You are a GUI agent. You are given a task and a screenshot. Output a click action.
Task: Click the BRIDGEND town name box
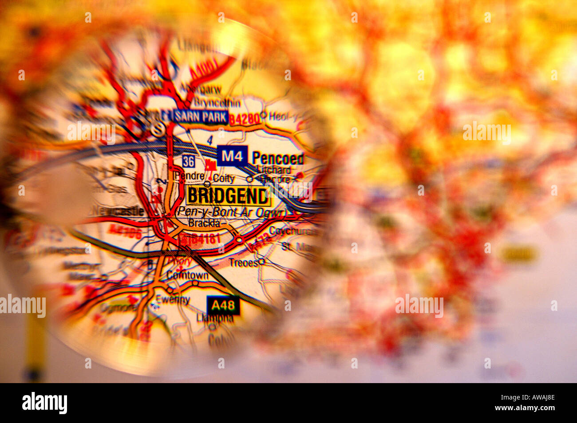click(x=228, y=196)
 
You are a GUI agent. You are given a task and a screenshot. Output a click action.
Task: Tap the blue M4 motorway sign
click(x=232, y=156)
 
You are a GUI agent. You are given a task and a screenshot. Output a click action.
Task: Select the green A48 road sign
click(x=223, y=305)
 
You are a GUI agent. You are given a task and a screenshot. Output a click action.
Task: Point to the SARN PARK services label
click(x=201, y=117)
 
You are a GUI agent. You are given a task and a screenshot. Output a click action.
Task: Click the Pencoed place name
click(x=278, y=158)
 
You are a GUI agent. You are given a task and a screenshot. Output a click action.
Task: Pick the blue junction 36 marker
click(x=188, y=162)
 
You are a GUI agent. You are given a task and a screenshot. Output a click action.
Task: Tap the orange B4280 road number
click(x=245, y=119)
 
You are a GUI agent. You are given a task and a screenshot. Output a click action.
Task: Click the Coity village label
click(x=223, y=178)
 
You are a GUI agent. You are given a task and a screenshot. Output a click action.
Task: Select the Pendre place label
click(x=190, y=176)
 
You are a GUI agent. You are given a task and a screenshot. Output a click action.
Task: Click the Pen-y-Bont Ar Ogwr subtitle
click(x=231, y=212)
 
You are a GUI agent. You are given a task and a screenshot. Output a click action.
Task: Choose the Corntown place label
click(x=187, y=275)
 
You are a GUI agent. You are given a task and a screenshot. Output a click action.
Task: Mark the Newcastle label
click(x=118, y=211)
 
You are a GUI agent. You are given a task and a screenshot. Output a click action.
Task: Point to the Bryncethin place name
click(x=217, y=103)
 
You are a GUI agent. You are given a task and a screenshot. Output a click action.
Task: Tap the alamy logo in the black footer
click(x=44, y=403)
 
